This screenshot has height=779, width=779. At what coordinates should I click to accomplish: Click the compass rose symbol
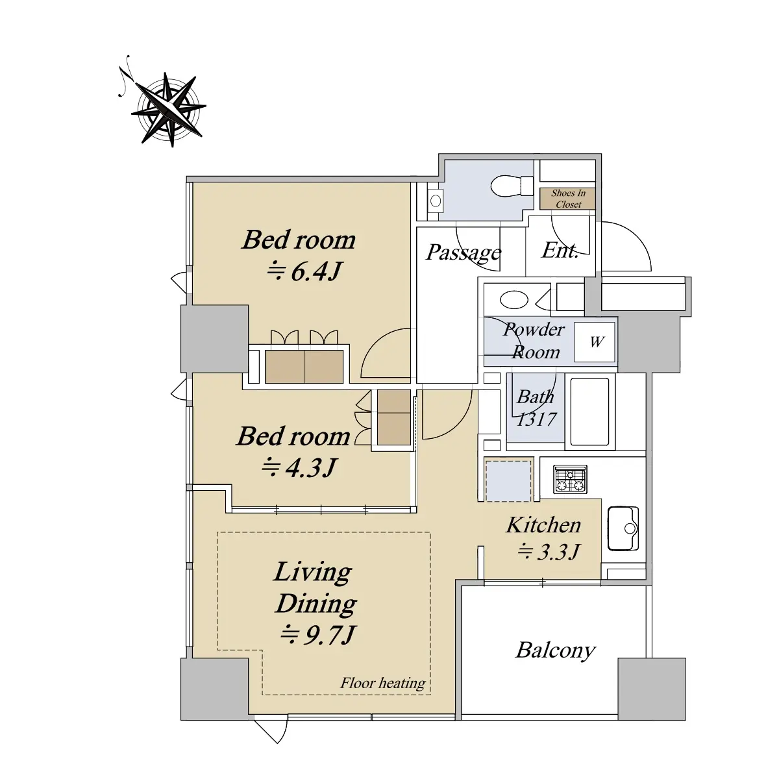pos(169,108)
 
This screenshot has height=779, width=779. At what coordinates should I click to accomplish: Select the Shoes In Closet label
pos(568,199)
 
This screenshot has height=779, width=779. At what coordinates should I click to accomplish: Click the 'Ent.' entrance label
pos(560,251)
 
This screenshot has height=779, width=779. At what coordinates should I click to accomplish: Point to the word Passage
pos(464,253)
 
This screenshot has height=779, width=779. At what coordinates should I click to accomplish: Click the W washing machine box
pos(595,342)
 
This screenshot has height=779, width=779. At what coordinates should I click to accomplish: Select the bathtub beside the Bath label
pos(589,411)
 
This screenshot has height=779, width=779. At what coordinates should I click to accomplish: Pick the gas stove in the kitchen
pos(570,480)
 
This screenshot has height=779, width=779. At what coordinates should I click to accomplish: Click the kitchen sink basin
pos(623,528)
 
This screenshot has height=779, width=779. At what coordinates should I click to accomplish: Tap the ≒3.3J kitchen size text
pos(549,552)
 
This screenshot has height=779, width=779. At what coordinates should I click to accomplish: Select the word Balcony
pos(556,651)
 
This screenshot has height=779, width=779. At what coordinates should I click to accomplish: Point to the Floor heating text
pos(382,683)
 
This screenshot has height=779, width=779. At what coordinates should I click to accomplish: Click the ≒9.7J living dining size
pos(318,635)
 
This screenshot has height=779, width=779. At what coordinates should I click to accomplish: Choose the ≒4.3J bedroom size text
pos(299,467)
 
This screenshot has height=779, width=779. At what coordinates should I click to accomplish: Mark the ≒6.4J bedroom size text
pos(305,271)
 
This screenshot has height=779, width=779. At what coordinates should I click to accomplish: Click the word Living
pos(312,573)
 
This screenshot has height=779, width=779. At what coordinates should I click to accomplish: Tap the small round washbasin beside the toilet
pos(436,201)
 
